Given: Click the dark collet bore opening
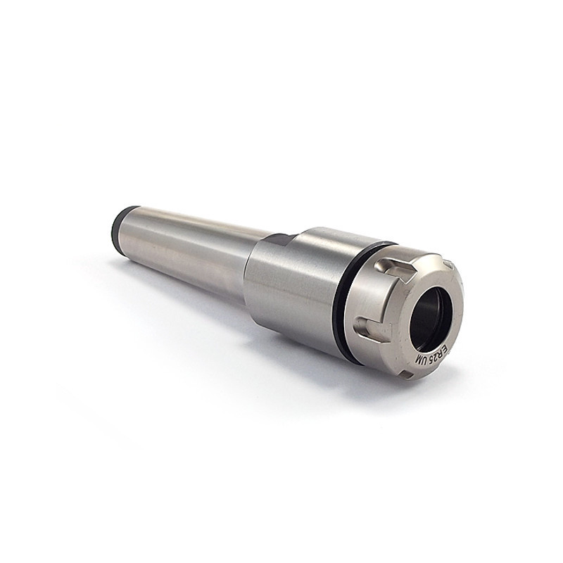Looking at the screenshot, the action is point(430,319).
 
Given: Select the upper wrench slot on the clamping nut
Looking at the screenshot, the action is point(395,270).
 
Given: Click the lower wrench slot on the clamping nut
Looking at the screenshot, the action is point(372,329).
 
